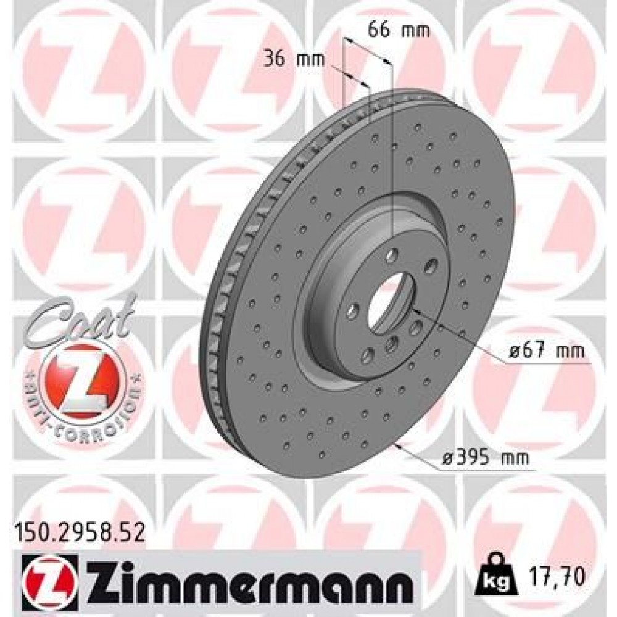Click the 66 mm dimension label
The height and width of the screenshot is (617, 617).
(391, 30)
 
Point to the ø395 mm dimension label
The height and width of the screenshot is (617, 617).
(486, 458)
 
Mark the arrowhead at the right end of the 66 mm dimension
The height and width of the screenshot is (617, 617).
(388, 60)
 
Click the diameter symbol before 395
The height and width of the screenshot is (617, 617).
(449, 458)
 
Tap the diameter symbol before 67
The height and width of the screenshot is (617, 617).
(515, 352)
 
